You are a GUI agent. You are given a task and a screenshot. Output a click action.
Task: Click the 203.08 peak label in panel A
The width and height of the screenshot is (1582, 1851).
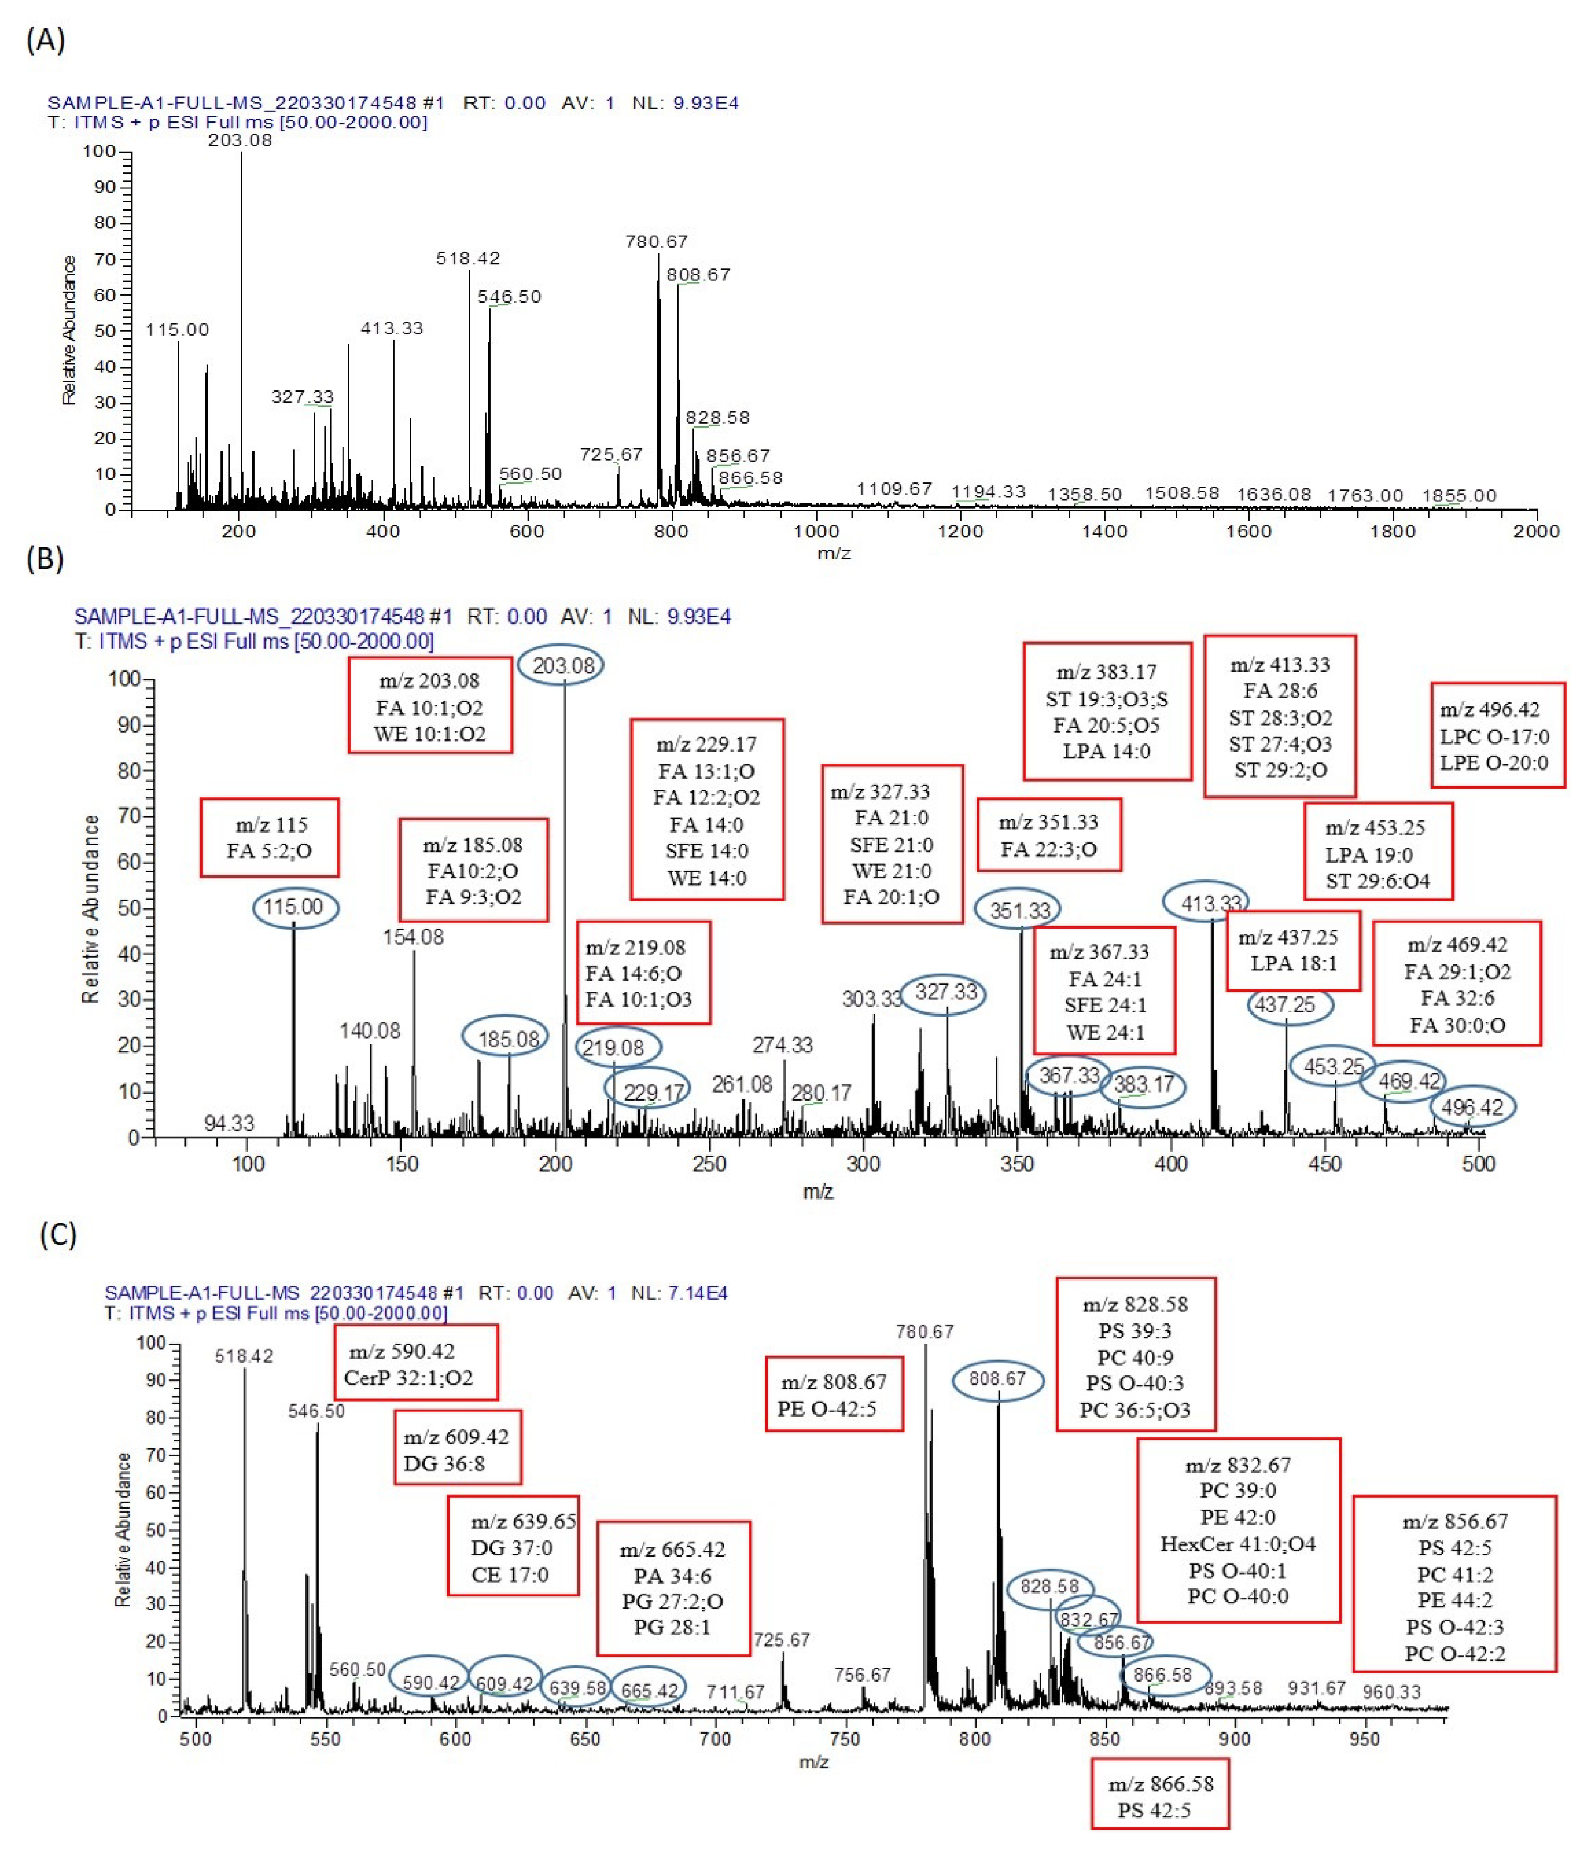[x=240, y=140]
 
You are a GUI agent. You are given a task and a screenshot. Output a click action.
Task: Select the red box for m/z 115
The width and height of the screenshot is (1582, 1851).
[x=269, y=837]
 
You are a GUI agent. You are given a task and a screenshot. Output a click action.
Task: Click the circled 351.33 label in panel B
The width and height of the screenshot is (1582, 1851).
[x=1019, y=910]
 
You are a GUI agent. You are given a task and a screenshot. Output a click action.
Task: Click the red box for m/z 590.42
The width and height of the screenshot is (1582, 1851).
[x=416, y=1363]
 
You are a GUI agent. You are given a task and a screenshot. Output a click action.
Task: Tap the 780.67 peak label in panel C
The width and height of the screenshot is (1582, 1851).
[x=924, y=1332]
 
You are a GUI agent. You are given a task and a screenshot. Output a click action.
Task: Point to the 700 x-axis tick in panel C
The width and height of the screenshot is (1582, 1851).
[x=715, y=1739]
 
